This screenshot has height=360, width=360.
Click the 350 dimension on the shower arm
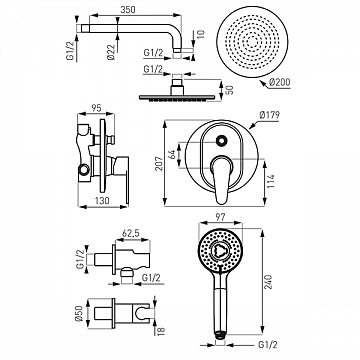[128, 10]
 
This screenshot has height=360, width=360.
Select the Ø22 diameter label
[111, 52]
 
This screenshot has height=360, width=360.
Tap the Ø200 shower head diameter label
[280, 82]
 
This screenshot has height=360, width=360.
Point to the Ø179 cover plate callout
[269, 115]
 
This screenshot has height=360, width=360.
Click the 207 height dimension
[159, 163]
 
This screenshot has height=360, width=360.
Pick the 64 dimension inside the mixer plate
[172, 154]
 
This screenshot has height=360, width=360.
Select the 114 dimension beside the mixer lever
[271, 181]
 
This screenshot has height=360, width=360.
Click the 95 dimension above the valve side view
[96, 108]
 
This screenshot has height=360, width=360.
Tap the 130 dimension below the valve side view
[102, 201]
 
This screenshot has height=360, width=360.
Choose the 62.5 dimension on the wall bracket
[131, 233]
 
